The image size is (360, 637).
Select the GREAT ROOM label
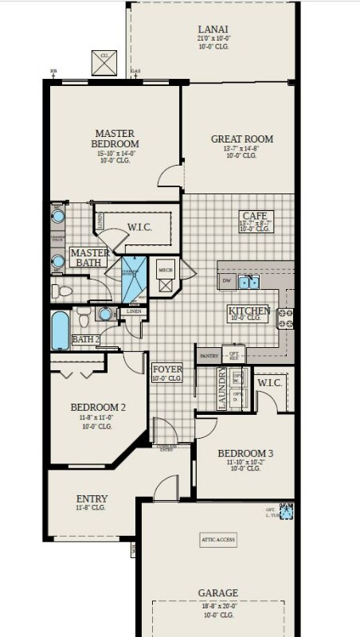coord(241,139)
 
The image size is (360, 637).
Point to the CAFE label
coord(256,216)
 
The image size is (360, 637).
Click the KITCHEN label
coord(248,311)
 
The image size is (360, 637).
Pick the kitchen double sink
coord(250,282)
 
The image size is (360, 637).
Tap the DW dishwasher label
coord(227,282)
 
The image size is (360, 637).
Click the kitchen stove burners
coord(285,318)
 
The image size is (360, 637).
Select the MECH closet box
coord(166,271)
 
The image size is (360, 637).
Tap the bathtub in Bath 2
coord(60,330)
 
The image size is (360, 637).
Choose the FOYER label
coord(167,369)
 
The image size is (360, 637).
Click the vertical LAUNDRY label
coord(223,388)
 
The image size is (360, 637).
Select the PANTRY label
coord(209,355)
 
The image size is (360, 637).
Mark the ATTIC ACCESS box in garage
coord(218,539)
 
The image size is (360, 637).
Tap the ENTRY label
coord(92,499)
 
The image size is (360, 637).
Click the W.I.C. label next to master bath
coord(139,227)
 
